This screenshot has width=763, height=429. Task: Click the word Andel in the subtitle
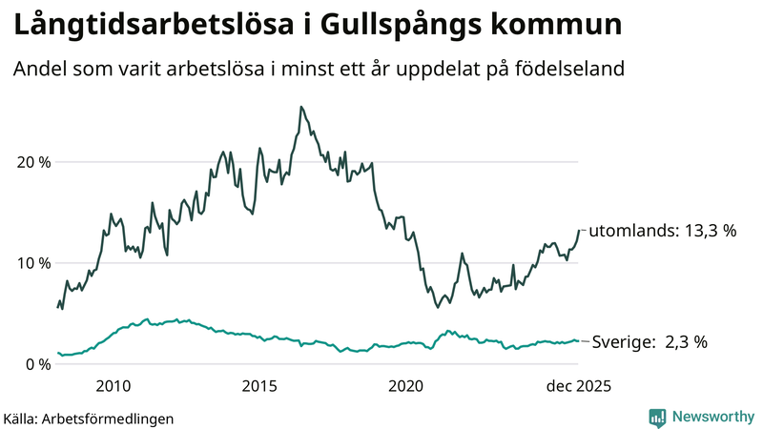[38, 70]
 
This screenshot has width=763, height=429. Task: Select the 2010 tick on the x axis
[113, 385]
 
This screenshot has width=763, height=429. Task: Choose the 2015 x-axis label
[259, 385]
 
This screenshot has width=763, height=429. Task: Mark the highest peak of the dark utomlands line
[301, 107]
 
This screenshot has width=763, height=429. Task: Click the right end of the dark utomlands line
[578, 230]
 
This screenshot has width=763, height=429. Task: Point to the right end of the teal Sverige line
[578, 341]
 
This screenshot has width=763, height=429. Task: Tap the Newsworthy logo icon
[657, 417]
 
